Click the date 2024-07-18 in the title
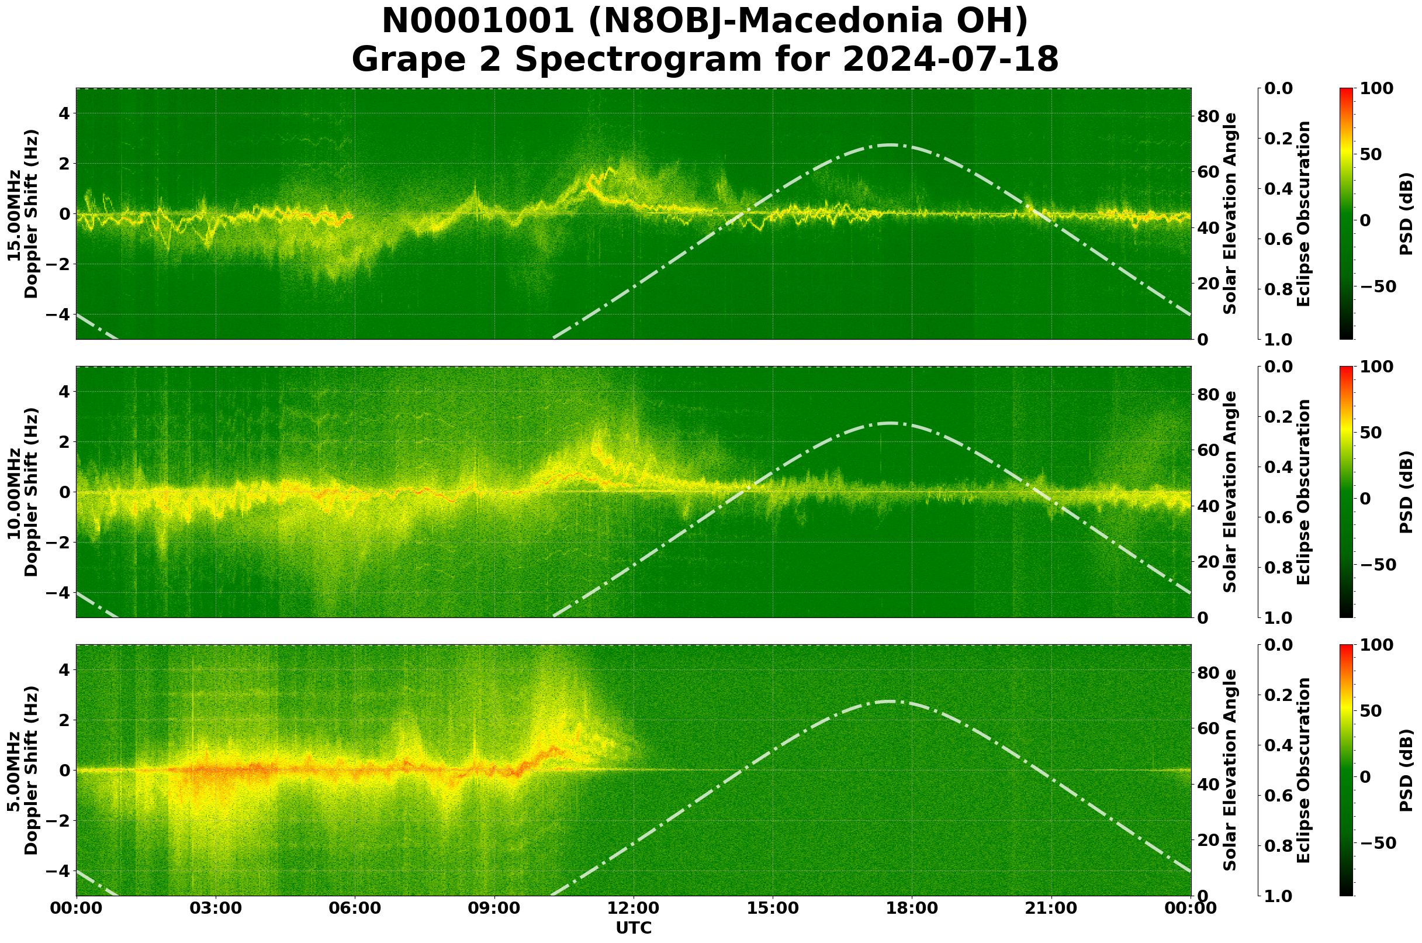[x=950, y=60]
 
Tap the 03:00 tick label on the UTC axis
[x=216, y=908]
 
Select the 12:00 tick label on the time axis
[x=633, y=908]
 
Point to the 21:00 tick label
[x=1051, y=908]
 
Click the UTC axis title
[x=633, y=928]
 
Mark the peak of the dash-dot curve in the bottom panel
[x=890, y=701]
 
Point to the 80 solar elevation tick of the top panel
[x=1208, y=116]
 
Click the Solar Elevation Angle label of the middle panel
[x=1230, y=492]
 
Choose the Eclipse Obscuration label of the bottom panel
[x=1303, y=771]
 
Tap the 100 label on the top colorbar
[x=1376, y=88]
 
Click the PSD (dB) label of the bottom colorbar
[x=1406, y=771]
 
